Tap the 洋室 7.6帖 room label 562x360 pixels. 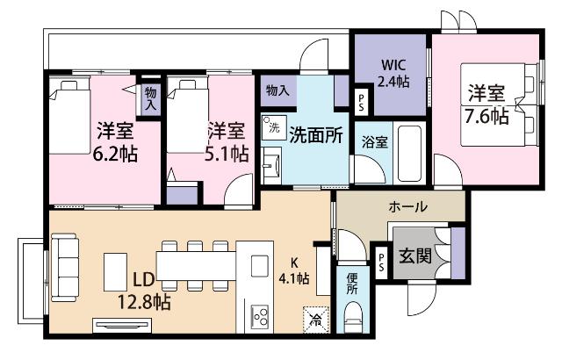[x=485, y=104]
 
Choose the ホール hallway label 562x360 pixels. [x=408, y=207]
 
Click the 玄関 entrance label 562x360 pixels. [x=415, y=257]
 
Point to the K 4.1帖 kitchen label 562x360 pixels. [x=293, y=270]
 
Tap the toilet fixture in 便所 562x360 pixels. [x=352, y=316]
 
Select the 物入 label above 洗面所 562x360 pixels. [x=277, y=90]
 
